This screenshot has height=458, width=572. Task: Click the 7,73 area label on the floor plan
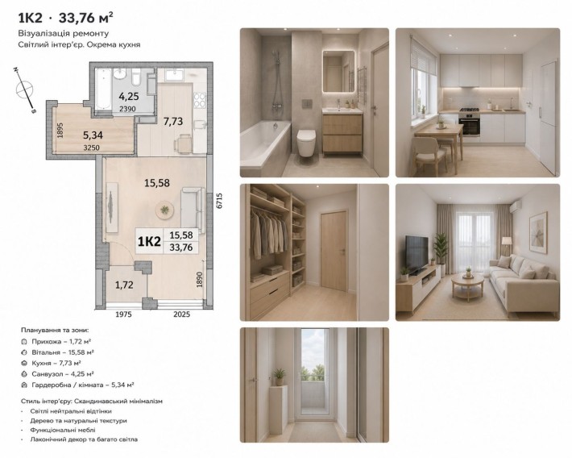[173, 121]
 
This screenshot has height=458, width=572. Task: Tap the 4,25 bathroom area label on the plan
[129, 97]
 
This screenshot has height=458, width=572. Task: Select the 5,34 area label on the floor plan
[93, 135]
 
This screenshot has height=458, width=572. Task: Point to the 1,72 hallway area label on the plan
[124, 285]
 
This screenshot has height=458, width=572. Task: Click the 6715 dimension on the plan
[219, 201]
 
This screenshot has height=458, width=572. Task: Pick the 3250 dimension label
[91, 148]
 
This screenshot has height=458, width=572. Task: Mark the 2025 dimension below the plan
[181, 314]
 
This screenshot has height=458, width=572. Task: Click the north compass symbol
[24, 90]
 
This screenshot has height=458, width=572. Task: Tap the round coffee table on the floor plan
[164, 210]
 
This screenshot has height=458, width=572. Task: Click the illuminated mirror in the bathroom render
[338, 71]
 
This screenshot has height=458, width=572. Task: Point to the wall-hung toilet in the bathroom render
[305, 142]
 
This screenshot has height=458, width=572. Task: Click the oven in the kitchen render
[470, 124]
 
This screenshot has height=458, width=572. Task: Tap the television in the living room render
[417, 253]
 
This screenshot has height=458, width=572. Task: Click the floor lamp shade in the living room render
[507, 241]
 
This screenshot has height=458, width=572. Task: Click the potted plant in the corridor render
[279, 377]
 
